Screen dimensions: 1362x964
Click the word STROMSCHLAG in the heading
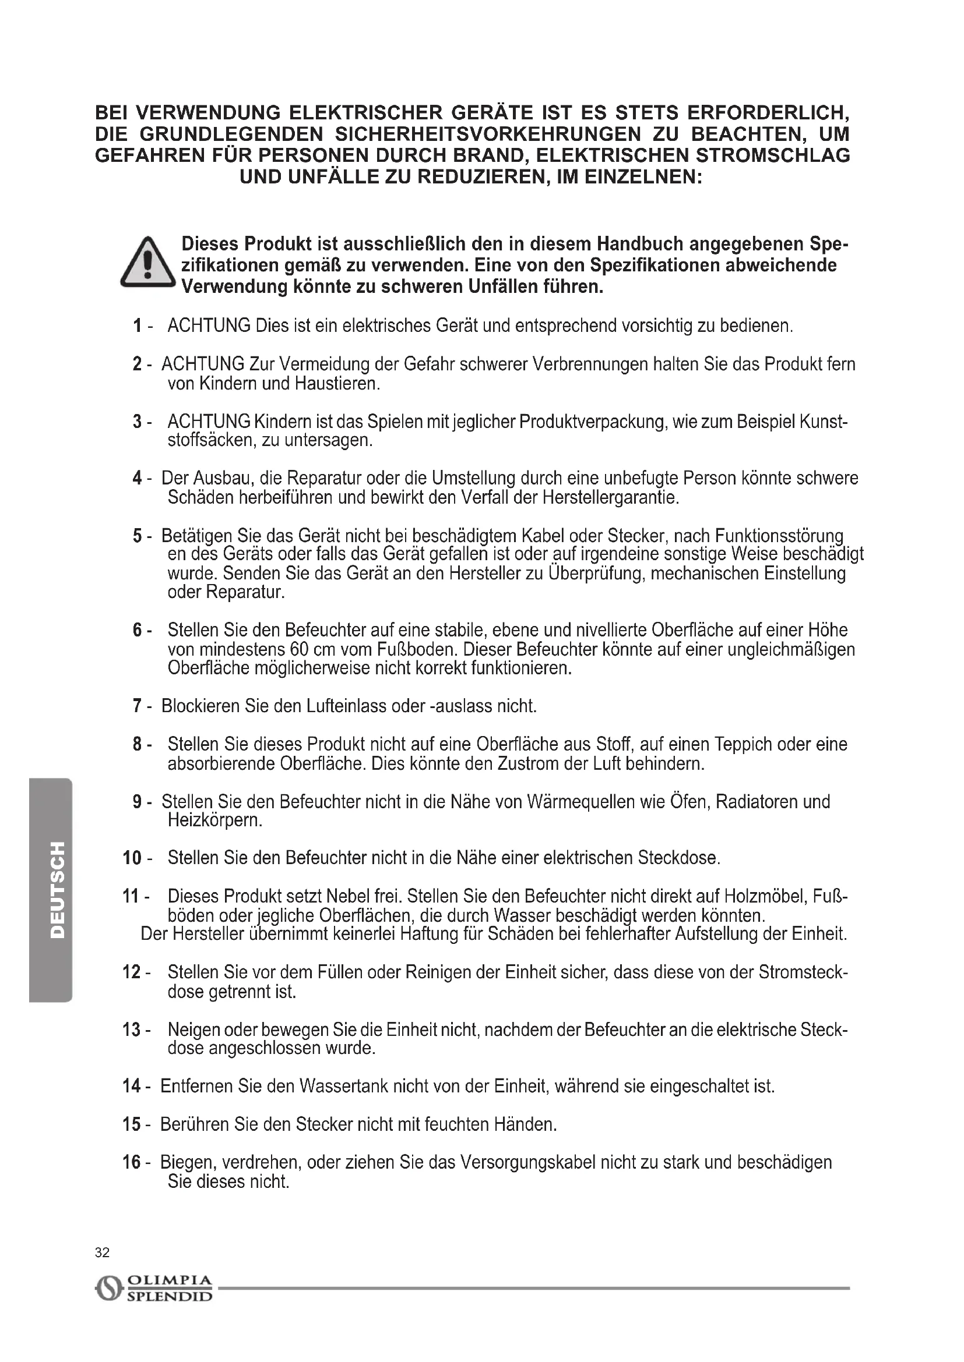(772, 155)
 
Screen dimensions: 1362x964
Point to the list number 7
(137, 706)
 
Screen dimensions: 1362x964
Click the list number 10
(132, 858)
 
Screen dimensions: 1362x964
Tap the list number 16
(132, 1162)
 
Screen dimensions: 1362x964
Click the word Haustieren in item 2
(336, 384)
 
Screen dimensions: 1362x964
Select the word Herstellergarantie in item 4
(610, 497)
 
